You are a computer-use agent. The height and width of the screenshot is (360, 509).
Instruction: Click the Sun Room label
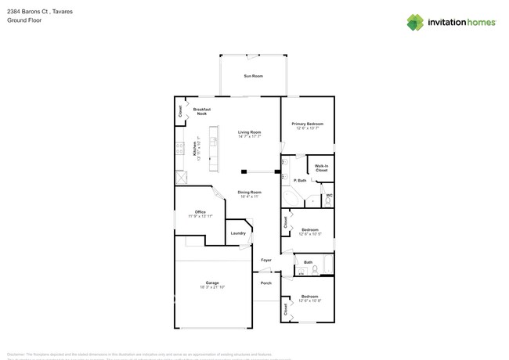click(x=253, y=76)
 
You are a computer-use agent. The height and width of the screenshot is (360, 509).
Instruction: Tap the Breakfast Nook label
click(x=202, y=112)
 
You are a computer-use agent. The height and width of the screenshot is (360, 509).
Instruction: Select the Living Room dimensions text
click(x=250, y=137)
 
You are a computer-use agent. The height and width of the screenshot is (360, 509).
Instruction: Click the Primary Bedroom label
click(x=307, y=124)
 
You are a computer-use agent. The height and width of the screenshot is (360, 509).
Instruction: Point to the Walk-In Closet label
click(x=321, y=168)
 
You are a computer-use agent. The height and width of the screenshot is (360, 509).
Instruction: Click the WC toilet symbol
click(x=328, y=201)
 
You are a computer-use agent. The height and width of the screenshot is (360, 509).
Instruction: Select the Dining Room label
click(x=249, y=192)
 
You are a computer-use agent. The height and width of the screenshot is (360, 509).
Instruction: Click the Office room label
click(x=200, y=212)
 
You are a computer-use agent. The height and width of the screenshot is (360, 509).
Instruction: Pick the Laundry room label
click(x=238, y=233)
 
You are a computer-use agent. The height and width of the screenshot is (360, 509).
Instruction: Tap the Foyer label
click(x=266, y=260)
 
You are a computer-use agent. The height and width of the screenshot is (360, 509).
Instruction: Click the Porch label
click(x=266, y=283)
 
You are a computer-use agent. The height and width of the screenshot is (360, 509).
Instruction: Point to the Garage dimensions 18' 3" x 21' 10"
click(x=212, y=287)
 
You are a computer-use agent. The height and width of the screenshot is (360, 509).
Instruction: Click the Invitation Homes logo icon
click(x=415, y=22)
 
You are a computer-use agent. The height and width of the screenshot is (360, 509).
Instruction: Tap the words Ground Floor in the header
click(x=24, y=20)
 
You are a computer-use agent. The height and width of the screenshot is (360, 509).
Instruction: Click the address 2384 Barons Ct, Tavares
click(x=36, y=11)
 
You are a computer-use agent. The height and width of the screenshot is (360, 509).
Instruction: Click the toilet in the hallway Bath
click(x=315, y=270)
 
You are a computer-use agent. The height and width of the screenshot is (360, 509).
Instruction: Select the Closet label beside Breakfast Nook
click(x=180, y=111)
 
